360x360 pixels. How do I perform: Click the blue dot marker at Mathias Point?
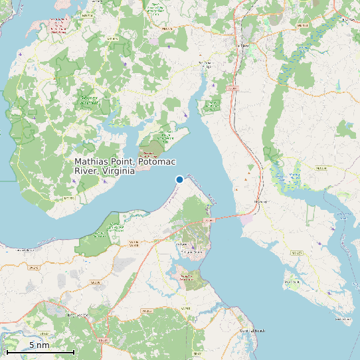(x=179, y=179)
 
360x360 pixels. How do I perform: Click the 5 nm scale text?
(x=39, y=345)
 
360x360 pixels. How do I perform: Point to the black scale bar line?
(x=40, y=351)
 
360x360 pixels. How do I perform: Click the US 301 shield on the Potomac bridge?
(x=210, y=219)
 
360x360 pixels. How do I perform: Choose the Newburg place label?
(x=261, y=201)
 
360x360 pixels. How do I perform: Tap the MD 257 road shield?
(x=296, y=252)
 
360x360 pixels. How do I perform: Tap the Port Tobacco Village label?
(x=205, y=64)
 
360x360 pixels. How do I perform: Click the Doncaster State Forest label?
(x=89, y=100)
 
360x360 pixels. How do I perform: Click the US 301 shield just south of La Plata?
(x=232, y=88)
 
